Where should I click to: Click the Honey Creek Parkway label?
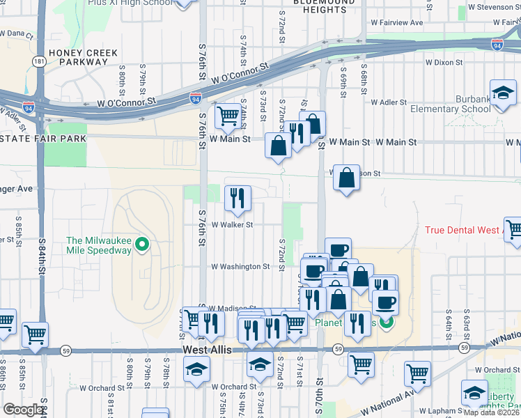[x=78, y=56]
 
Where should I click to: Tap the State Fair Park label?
[x=43, y=139]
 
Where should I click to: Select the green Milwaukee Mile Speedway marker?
[x=143, y=245]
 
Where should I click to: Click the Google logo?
[x=23, y=410]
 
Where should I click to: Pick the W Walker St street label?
[x=231, y=225]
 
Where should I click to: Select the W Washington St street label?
[x=240, y=267]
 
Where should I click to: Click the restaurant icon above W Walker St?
[x=238, y=198]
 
